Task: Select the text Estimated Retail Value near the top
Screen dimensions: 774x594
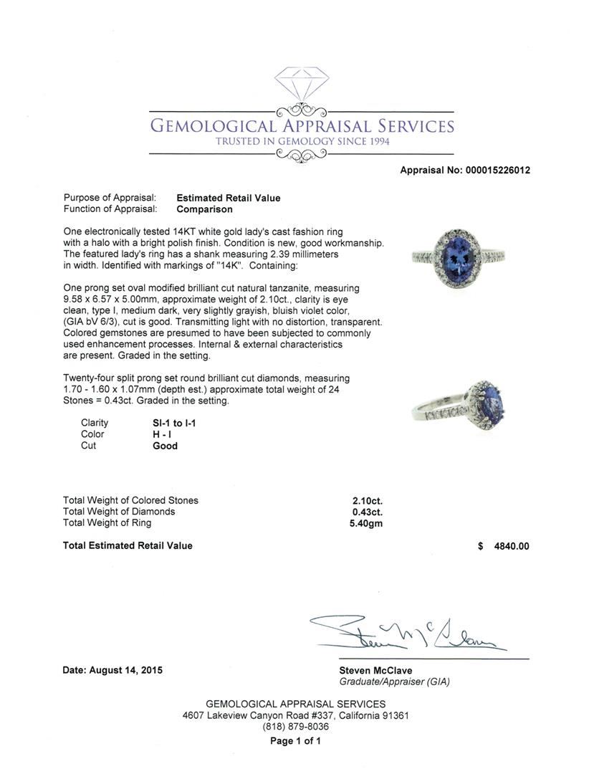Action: click(x=229, y=198)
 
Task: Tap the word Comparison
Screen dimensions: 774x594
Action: click(x=204, y=209)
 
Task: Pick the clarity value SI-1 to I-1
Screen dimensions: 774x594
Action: click(x=174, y=423)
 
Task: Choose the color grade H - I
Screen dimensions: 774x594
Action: click(x=161, y=434)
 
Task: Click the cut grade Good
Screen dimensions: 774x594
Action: click(x=165, y=446)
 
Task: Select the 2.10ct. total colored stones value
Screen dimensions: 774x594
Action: click(x=368, y=501)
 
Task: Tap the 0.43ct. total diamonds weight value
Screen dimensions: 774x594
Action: click(x=368, y=512)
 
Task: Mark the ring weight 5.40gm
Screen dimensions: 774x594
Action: click(x=366, y=523)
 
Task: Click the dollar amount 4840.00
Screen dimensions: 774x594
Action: click(x=512, y=546)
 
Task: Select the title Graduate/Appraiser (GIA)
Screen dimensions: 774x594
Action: click(x=394, y=682)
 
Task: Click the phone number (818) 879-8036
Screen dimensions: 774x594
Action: click(x=296, y=727)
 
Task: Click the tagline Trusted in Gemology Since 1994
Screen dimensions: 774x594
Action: click(x=302, y=142)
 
